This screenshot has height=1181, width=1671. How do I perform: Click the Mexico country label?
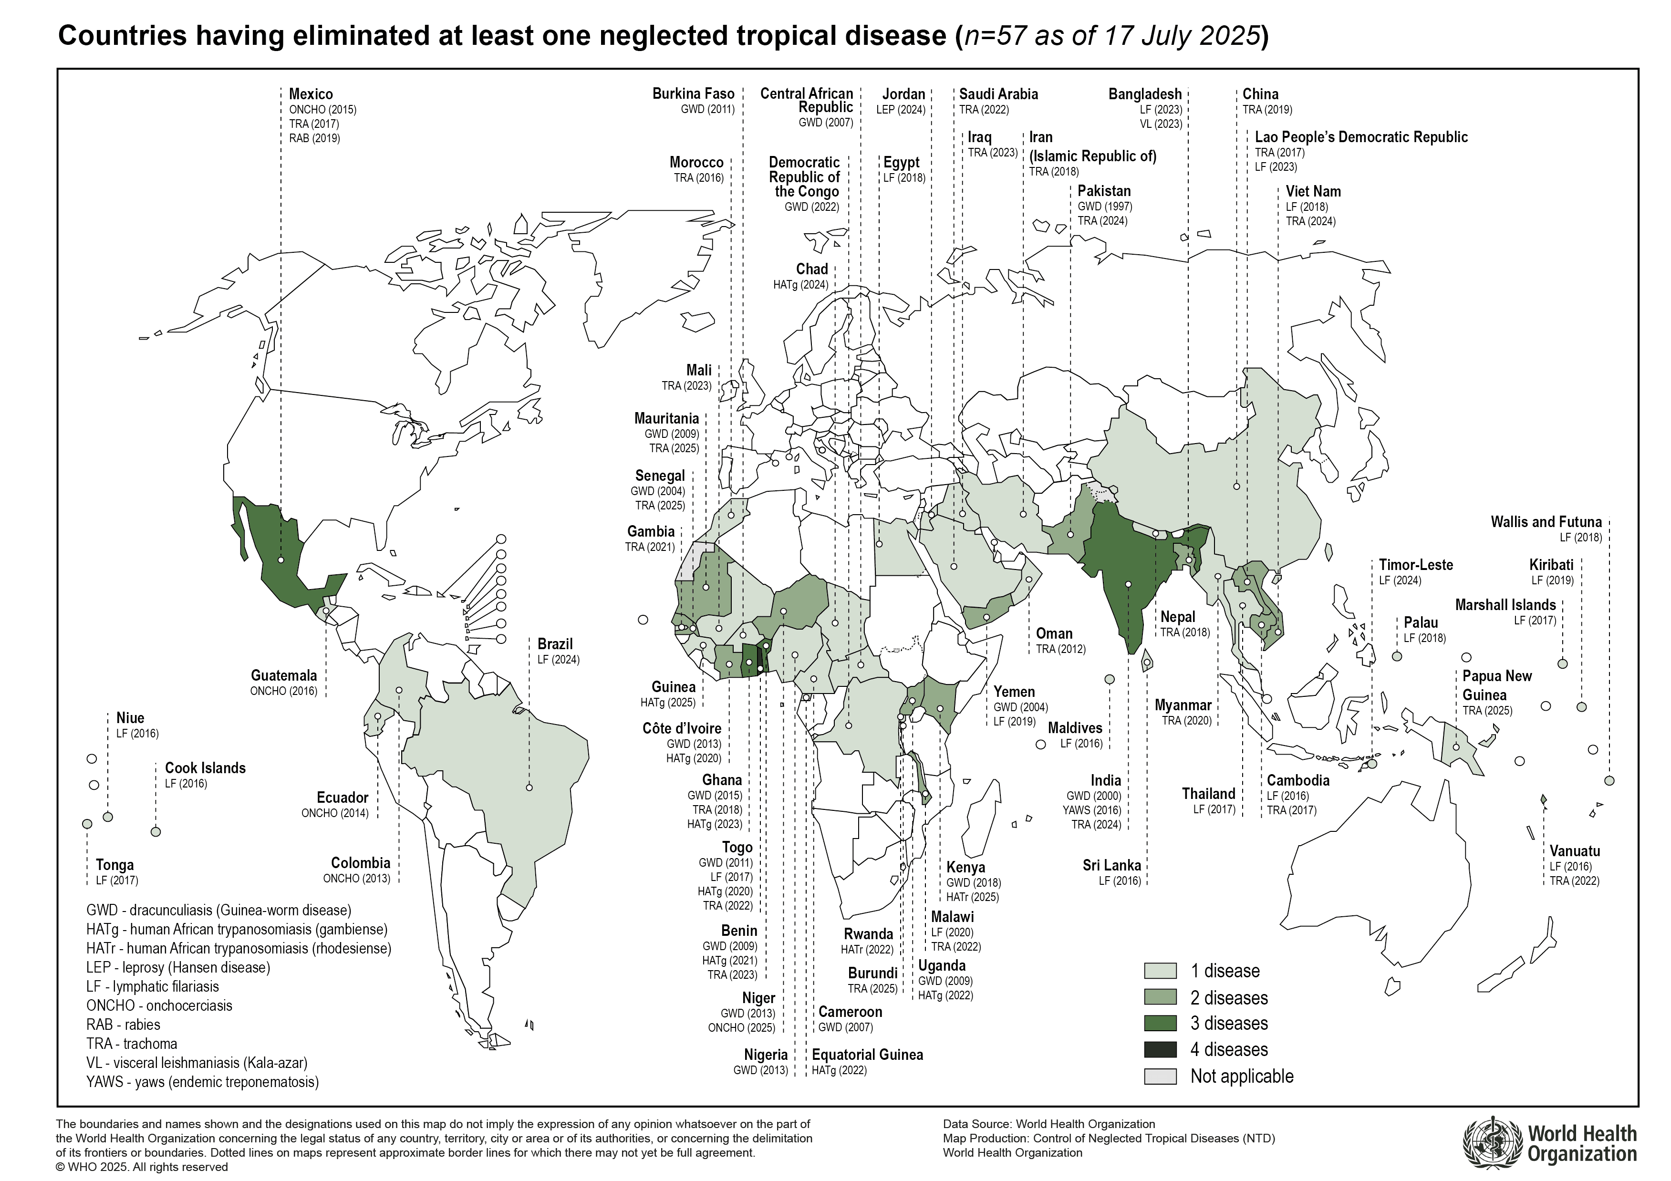311,94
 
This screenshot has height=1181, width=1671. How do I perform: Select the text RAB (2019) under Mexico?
314,138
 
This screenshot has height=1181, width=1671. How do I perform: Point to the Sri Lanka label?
1111,865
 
